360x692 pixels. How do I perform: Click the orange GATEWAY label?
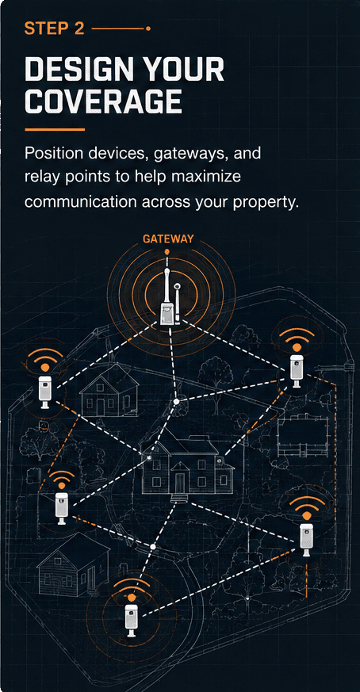[168, 239]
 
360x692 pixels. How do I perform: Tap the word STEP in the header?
[43, 29]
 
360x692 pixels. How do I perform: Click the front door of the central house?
[180, 483]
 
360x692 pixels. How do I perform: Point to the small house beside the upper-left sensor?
[109, 392]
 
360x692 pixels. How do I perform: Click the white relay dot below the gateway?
[176, 401]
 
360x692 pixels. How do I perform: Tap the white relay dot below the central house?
[153, 546]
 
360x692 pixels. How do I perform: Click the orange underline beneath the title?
[55, 129]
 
